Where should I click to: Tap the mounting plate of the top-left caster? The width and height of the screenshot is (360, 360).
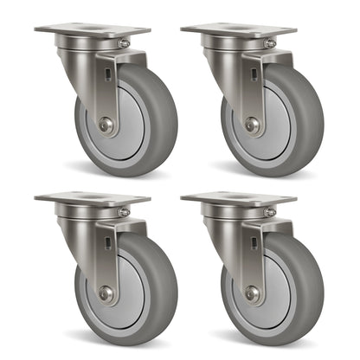click(81, 30)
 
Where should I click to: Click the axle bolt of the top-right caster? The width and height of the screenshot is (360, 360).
click(251, 125)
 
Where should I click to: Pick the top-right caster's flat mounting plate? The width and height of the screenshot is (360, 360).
click(228, 30)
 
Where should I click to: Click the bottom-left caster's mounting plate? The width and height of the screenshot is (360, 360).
click(81, 198)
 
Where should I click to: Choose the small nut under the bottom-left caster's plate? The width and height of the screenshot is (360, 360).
click(124, 211)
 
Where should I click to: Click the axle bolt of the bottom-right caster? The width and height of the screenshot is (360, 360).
click(251, 293)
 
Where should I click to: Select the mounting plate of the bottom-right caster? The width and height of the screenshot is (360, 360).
click(228, 198)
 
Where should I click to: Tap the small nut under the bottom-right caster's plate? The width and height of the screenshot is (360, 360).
click(270, 211)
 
